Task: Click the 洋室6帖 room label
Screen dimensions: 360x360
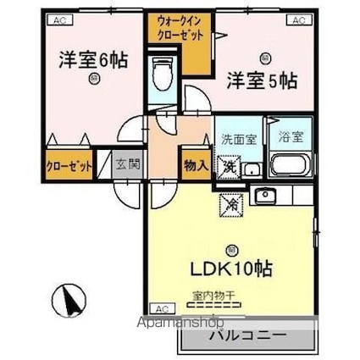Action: (x=93, y=62)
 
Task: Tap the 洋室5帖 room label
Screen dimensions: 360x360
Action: (x=260, y=80)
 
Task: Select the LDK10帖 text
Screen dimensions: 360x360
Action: (x=226, y=270)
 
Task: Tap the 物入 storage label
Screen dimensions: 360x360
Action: (x=196, y=162)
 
